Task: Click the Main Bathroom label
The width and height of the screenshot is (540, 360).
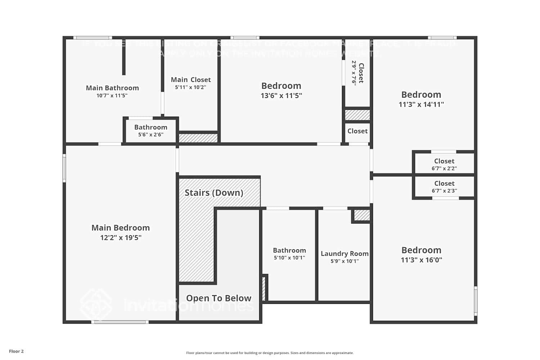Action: pos(112,88)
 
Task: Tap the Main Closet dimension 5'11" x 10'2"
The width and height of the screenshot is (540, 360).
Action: pos(190,87)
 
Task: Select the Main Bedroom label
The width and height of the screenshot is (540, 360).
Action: pos(121,228)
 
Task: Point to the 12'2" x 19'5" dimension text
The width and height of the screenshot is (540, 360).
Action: pos(121,238)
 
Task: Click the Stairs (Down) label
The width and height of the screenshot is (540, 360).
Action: pos(214,193)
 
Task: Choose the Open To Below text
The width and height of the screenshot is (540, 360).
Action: pos(219,298)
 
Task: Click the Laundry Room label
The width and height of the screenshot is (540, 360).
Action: pos(345,253)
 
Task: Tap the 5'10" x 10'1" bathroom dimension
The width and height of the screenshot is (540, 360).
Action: pos(289,258)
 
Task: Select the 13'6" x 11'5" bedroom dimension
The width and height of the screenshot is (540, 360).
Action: pos(281,95)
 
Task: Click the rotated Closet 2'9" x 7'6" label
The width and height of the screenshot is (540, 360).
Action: pos(358,73)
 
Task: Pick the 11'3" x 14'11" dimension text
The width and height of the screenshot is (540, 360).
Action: pos(421,104)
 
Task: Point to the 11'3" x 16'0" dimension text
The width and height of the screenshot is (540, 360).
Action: pos(421,260)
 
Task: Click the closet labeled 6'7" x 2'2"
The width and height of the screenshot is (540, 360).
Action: pos(444,164)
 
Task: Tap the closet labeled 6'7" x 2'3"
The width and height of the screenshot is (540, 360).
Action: pos(444,187)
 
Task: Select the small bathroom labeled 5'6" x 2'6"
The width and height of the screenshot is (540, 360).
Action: pos(150,130)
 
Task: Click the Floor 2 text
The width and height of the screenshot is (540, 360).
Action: pos(16,351)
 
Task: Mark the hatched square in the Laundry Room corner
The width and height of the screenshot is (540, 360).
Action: pos(362,215)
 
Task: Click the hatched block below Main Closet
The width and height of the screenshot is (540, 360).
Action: pos(198,138)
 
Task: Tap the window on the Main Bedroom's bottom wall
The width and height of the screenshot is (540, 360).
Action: pos(120,322)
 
